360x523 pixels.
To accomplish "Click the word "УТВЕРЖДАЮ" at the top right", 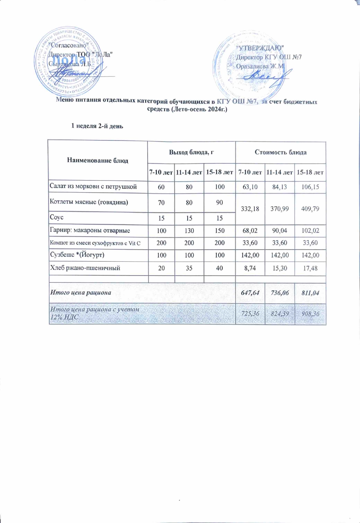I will pos(259,48).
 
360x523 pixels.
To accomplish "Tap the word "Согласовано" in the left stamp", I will pos(68,45).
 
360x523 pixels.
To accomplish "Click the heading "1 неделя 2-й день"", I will pos(97,126).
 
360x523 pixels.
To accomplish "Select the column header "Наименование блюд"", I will pos(98,161).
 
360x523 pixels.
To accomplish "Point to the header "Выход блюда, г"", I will pos(191,152).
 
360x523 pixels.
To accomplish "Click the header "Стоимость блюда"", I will pos(280,152).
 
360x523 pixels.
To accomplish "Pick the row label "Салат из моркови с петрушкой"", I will pos(93,187).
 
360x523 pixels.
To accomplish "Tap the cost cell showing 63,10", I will pos(250,187).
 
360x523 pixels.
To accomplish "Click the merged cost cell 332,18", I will pos(250,209).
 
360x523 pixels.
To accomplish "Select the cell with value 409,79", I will pos(310,209).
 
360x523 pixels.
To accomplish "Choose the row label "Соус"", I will pos(57,218).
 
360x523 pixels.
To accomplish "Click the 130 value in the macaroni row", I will pos(189,231).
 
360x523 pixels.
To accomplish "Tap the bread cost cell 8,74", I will pos(250,268).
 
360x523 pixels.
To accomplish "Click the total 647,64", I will pos(250,293).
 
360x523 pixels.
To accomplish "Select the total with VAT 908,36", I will pos(310,314).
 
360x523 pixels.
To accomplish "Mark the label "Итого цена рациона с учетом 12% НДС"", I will pos(95,313).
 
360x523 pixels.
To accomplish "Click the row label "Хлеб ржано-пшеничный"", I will pos(85,268).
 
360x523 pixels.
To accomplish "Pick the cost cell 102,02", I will pos(310,231).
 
